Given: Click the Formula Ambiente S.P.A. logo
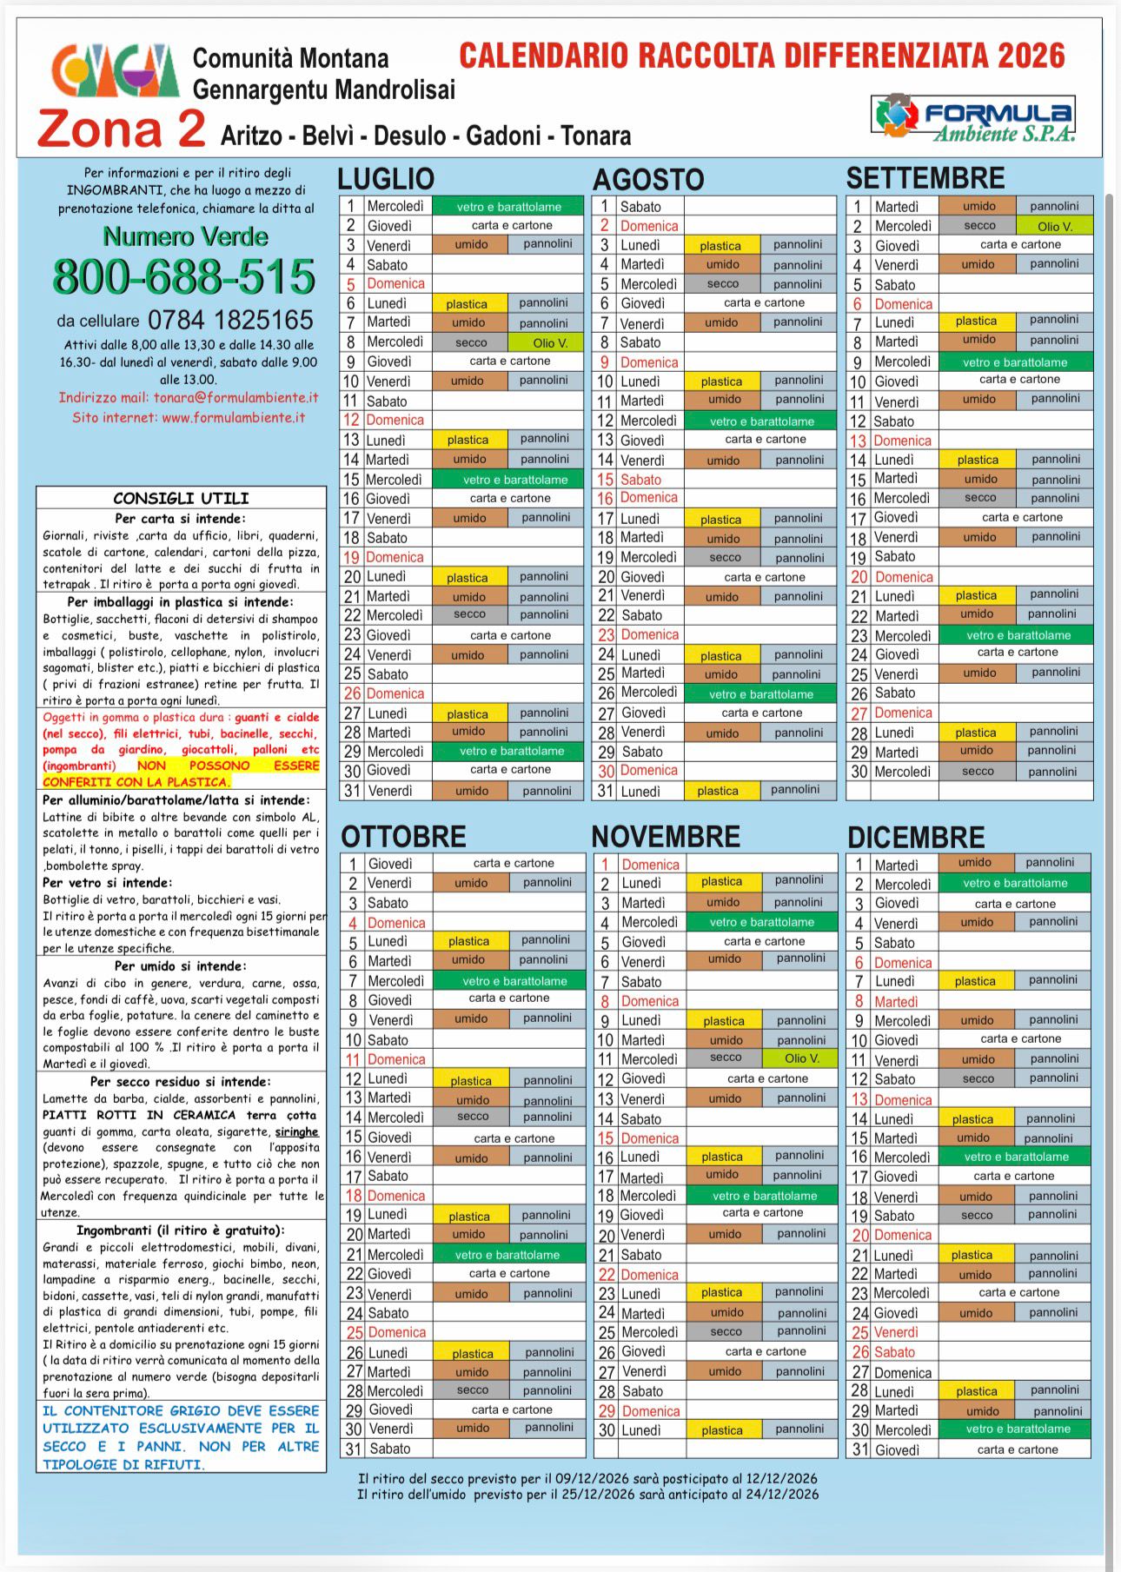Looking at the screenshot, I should (973, 117).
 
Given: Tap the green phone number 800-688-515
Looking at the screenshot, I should (184, 277).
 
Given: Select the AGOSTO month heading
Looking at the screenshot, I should (648, 180).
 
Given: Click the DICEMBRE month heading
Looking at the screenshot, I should (916, 837).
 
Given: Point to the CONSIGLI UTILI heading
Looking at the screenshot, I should (181, 498).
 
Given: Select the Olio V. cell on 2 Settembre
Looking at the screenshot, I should (1054, 226).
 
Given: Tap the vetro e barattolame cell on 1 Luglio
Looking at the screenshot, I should (508, 207).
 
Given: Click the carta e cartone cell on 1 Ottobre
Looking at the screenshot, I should (513, 863).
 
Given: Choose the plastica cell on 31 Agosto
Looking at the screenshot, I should (717, 791).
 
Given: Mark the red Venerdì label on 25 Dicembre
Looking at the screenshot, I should (895, 1332).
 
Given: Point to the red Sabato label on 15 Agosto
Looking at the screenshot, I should (640, 480).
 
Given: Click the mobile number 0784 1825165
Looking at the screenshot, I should (230, 320).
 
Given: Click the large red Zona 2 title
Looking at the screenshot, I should (122, 129).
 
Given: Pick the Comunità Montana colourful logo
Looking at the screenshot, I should (115, 71).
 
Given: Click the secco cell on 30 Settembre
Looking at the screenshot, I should (978, 771).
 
